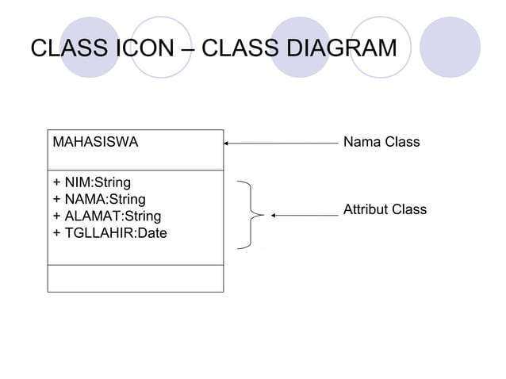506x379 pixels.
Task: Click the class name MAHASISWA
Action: tap(94, 144)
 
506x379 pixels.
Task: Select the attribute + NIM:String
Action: tap(92, 183)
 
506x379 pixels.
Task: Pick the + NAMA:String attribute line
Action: tap(98, 199)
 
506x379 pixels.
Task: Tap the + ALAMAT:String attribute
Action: tap(106, 216)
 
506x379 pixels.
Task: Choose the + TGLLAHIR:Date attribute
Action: tap(109, 232)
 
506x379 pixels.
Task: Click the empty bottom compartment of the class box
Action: tap(136, 278)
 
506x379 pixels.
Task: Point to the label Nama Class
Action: tap(381, 144)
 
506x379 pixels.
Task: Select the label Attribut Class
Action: tap(385, 210)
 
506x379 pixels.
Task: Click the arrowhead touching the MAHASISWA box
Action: tap(228, 144)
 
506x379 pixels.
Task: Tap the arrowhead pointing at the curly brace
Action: tap(274, 214)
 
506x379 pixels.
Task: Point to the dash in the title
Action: tap(187, 49)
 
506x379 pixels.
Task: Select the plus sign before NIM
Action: tap(56, 183)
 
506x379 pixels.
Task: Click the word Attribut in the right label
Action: tap(366, 210)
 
